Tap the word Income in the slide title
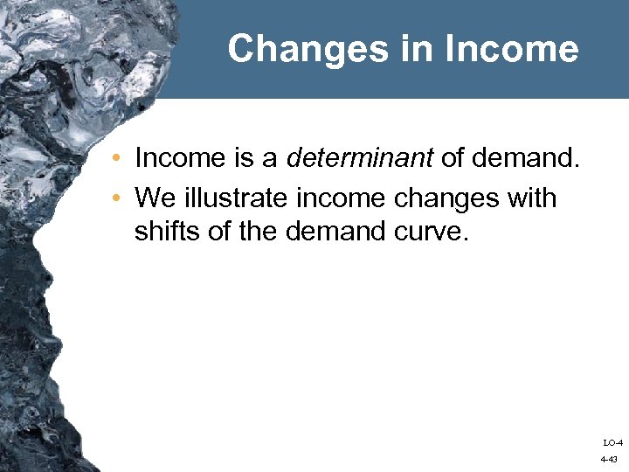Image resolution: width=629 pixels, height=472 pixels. coord(511,49)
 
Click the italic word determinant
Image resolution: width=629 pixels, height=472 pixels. coord(360,159)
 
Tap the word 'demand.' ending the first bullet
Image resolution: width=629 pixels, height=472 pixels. coord(524,159)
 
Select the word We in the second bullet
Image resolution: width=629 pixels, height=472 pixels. coord(156,198)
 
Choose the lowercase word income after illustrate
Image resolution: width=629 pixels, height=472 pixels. coord(343,198)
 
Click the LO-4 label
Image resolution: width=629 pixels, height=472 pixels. coord(612,443)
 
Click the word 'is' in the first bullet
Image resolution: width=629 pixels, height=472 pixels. coord(242,159)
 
